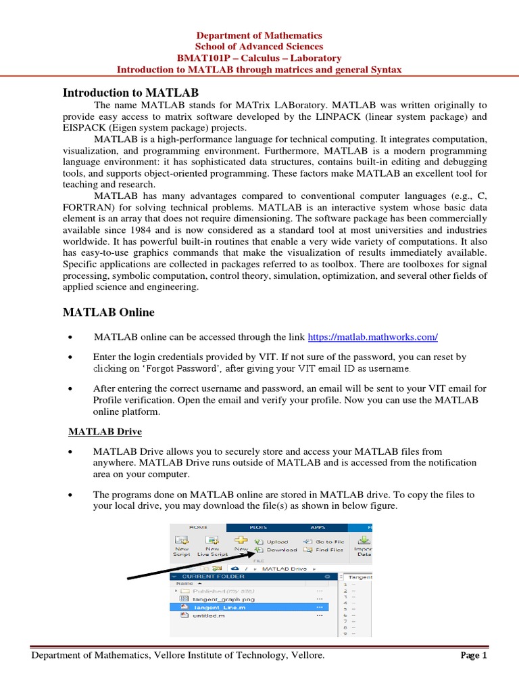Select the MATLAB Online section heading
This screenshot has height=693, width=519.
(108, 312)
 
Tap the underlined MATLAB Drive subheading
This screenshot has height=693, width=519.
(105, 432)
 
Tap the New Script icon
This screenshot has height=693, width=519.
(180, 544)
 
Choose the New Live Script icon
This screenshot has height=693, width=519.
(212, 544)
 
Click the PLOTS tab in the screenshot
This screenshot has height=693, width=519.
(258, 527)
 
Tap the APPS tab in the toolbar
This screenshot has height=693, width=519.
(317, 527)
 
